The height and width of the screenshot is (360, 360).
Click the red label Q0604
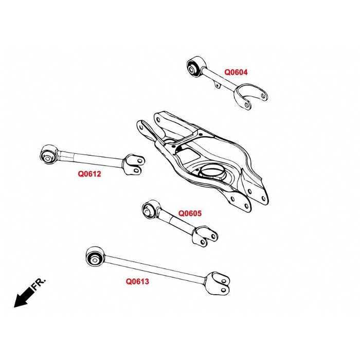pos(236,73)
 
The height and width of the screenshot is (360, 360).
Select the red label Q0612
pos(89,174)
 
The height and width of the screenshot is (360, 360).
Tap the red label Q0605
pos(190,212)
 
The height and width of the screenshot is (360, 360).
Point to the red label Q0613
pos(137,282)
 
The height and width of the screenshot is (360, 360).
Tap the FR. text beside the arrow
pos(40,283)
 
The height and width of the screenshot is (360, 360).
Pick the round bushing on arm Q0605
pos(150,208)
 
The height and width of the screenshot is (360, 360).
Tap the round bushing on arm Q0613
pos(95,256)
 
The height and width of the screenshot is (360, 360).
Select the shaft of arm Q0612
pos(90,156)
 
